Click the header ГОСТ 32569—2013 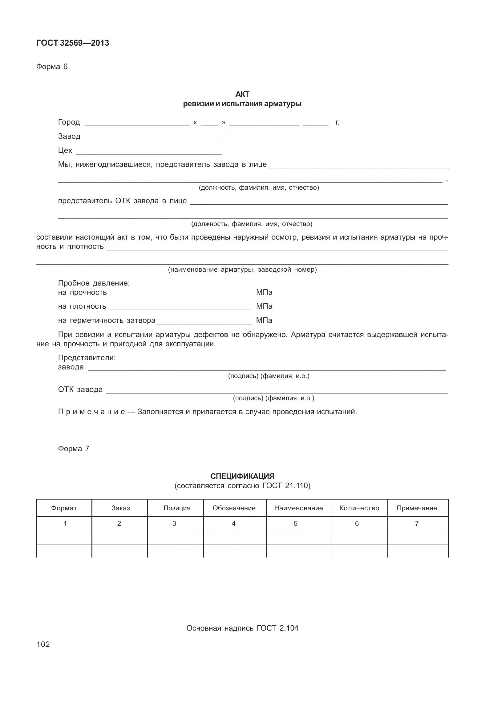(x=73, y=43)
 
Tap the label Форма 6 (x=52, y=67)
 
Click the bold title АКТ (x=242, y=94)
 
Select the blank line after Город (x=137, y=123)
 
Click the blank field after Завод (x=152, y=138)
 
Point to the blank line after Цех (x=148, y=152)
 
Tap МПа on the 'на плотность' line (x=264, y=306)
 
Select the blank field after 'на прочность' (x=179, y=293)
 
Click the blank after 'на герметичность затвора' (x=204, y=321)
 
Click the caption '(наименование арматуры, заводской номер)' (x=242, y=270)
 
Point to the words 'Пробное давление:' (x=94, y=283)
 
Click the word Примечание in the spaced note (x=91, y=412)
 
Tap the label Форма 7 (x=74, y=448)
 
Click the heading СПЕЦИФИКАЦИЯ (x=242, y=476)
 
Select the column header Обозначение (x=234, y=508)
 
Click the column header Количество (x=359, y=508)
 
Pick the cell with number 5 (x=296, y=523)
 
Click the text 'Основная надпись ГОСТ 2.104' (x=242, y=628)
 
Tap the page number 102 (x=43, y=644)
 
